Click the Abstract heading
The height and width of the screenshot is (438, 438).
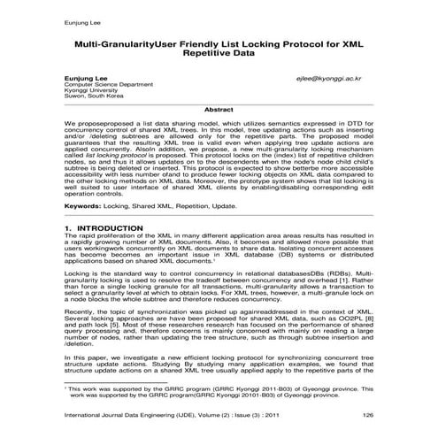point(219,109)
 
